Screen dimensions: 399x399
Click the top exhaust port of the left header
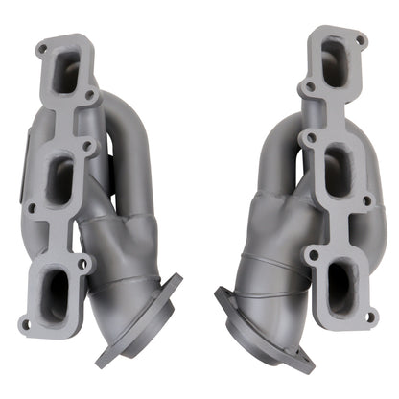tap(65, 72)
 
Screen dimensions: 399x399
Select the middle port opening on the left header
tap(59, 179)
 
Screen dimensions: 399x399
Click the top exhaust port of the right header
tap(337, 59)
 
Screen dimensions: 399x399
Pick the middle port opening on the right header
tap(337, 169)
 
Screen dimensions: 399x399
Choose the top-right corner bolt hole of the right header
tap(362, 40)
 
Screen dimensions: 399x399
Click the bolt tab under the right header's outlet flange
tap(305, 364)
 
